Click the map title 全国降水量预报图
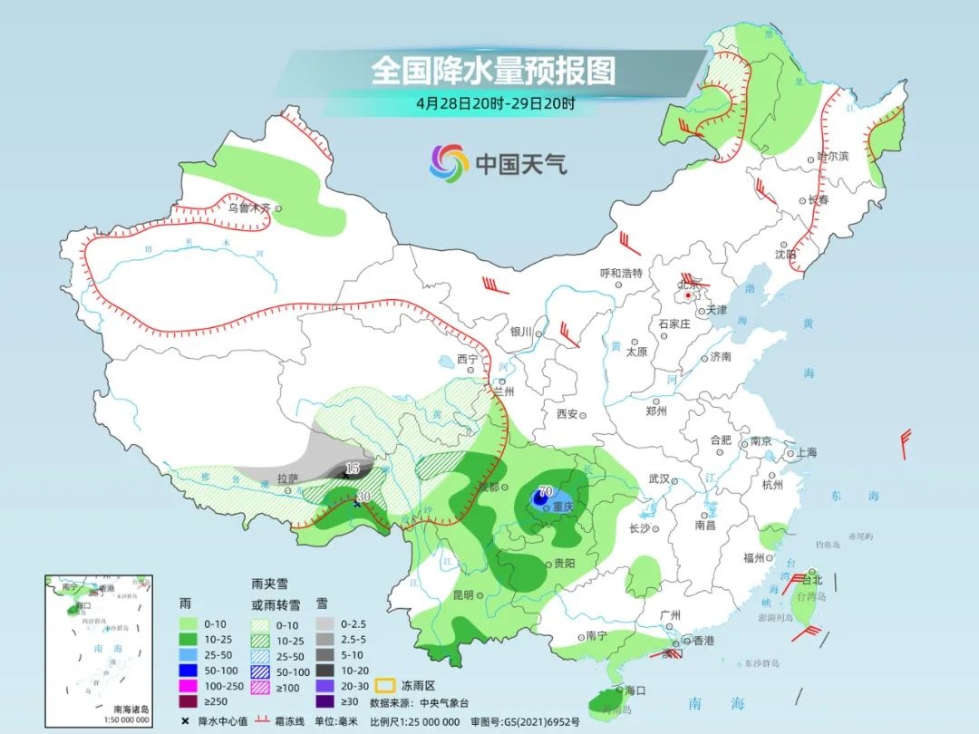(x=493, y=70)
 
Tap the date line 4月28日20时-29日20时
(x=495, y=103)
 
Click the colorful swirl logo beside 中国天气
(x=449, y=163)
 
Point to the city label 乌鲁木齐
(x=248, y=208)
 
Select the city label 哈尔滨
(x=832, y=157)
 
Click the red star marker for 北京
(x=689, y=295)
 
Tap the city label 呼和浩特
(x=621, y=273)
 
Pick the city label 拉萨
(x=287, y=478)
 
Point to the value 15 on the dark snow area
(x=353, y=468)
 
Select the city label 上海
(x=805, y=453)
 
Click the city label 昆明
(x=462, y=595)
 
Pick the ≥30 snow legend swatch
(x=328, y=700)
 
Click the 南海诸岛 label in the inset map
(x=132, y=708)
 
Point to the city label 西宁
(x=467, y=360)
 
